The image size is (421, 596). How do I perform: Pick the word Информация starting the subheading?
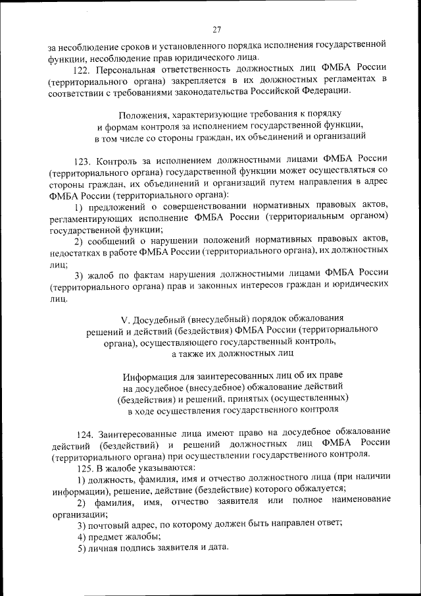point(148,377)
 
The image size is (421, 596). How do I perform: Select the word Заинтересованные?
point(138,434)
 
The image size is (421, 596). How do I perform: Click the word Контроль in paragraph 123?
point(116,159)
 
